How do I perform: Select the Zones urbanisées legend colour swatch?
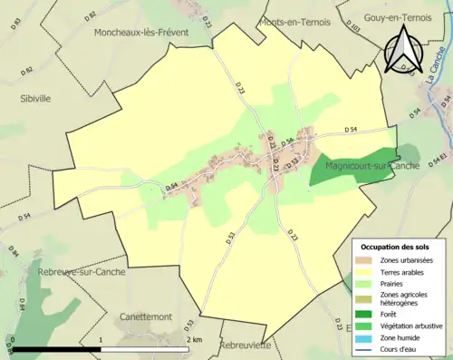[366, 261]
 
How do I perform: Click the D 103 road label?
[354, 30]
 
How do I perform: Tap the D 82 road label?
[90, 16]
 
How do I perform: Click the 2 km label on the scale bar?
[194, 339]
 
